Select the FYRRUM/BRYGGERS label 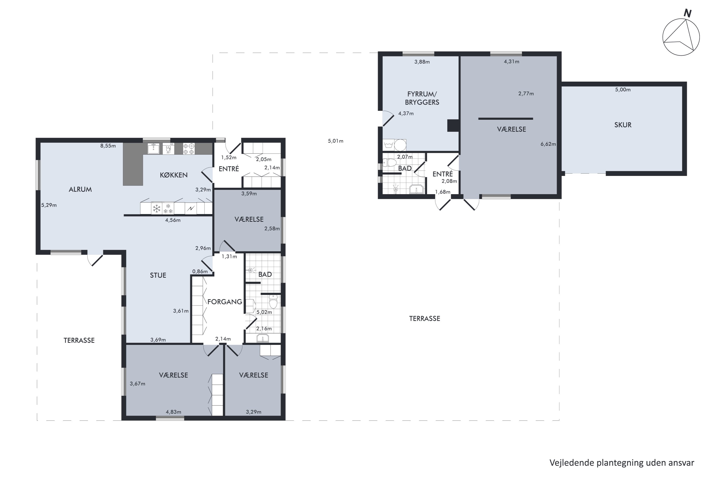422,98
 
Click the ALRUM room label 80,190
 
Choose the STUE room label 158,275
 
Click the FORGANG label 225,302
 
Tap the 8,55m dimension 108,146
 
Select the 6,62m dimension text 548,144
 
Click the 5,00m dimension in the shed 623,90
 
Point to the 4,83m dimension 173,412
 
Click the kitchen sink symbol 153,149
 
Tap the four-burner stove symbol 189,149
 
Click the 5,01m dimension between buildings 336,141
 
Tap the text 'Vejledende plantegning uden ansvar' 622,463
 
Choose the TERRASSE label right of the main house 425,319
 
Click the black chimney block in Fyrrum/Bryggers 453,126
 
